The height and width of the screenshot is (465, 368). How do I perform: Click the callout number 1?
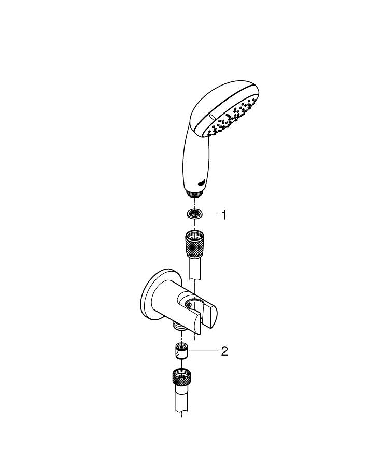[x=224, y=215]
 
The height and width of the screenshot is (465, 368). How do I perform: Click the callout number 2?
[x=224, y=351]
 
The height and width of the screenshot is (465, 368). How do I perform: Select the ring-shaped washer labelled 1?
[x=194, y=214]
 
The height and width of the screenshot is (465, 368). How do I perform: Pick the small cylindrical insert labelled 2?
[x=181, y=350]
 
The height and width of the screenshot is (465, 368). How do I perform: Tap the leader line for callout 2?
[x=204, y=351]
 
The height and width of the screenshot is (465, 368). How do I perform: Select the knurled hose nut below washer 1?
[x=194, y=244]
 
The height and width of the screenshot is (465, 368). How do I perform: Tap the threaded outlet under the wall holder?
[x=179, y=328]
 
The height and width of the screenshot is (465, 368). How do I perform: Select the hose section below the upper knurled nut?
[x=195, y=268]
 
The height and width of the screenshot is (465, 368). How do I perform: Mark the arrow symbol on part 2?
[x=177, y=353]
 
